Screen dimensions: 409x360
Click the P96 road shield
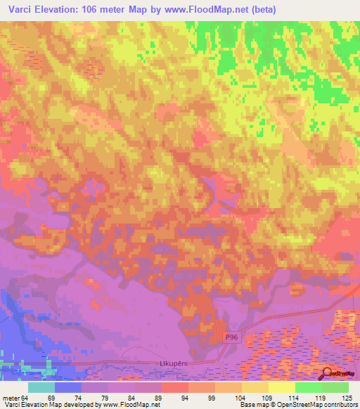click(x=233, y=338)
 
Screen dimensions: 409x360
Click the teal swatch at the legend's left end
click(x=41, y=387)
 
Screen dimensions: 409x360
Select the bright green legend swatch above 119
click(x=309, y=387)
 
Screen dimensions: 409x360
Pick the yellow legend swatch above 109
click(x=255, y=387)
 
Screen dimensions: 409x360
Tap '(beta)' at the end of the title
click(x=261, y=10)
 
